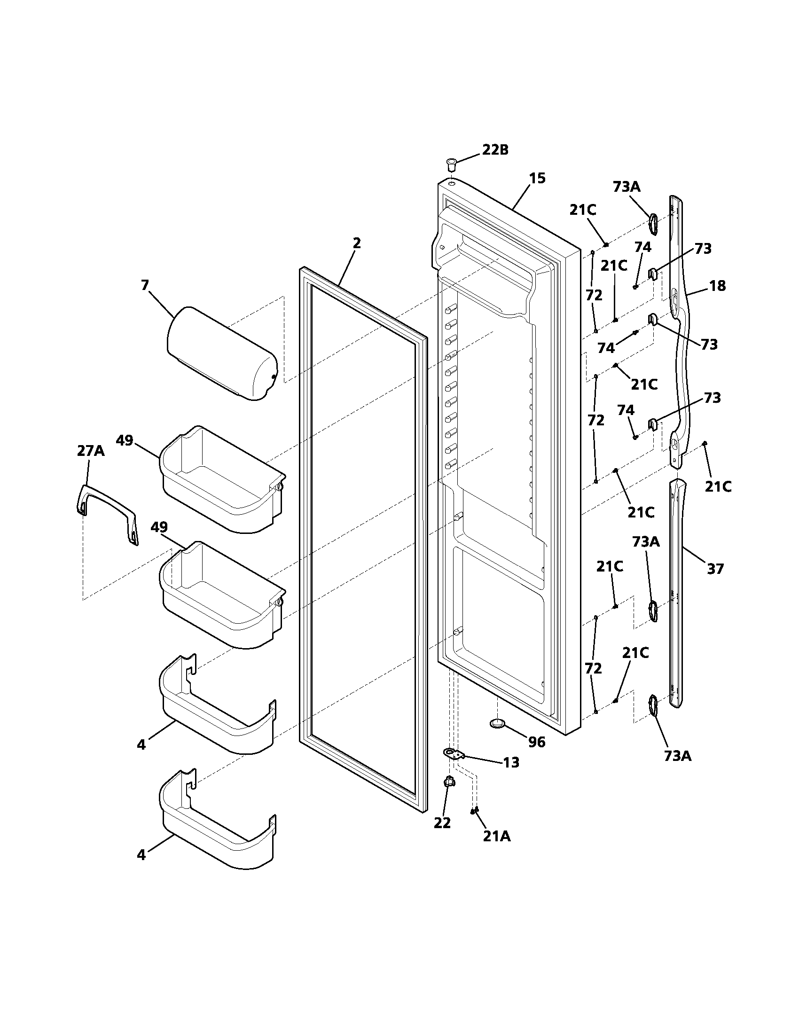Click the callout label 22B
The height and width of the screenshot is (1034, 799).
coord(495,149)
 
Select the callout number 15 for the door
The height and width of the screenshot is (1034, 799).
coord(537,179)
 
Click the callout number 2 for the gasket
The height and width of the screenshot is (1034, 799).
coord(356,243)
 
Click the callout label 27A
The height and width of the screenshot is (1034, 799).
coord(91,451)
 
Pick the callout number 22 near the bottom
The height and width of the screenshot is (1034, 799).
coord(442,823)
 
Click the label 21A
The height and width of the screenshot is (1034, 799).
coord(496,837)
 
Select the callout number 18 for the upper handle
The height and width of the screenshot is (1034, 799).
coord(718,286)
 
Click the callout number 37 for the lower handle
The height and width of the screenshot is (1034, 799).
coord(715,569)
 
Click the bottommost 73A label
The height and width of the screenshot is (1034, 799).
coord(677,756)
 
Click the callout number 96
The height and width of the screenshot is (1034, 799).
coord(537,742)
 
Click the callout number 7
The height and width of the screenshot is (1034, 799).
coord(145,285)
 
